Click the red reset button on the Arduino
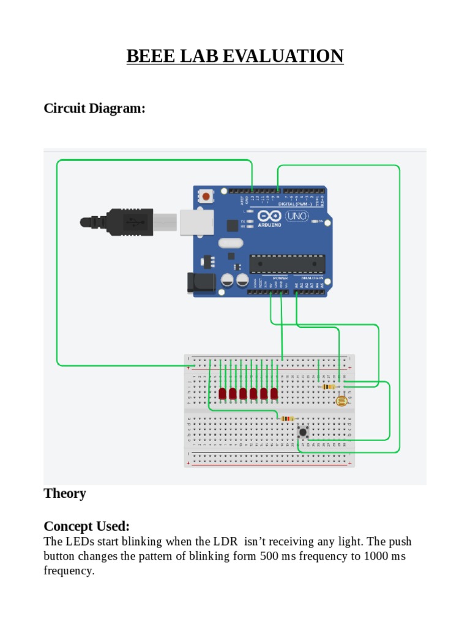pos(206,197)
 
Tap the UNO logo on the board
pos(297,216)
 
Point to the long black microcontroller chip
pos(285,263)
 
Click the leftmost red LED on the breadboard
pos(223,394)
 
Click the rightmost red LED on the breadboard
pos(274,394)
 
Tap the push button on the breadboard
pos(303,432)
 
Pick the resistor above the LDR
pos(329,386)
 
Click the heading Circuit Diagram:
pos(94,108)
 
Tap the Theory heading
pos(65,493)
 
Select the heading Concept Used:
pos(86,526)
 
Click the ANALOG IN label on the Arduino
pos(311,278)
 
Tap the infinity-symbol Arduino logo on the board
pos(269,216)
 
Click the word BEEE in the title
pos(147,56)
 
